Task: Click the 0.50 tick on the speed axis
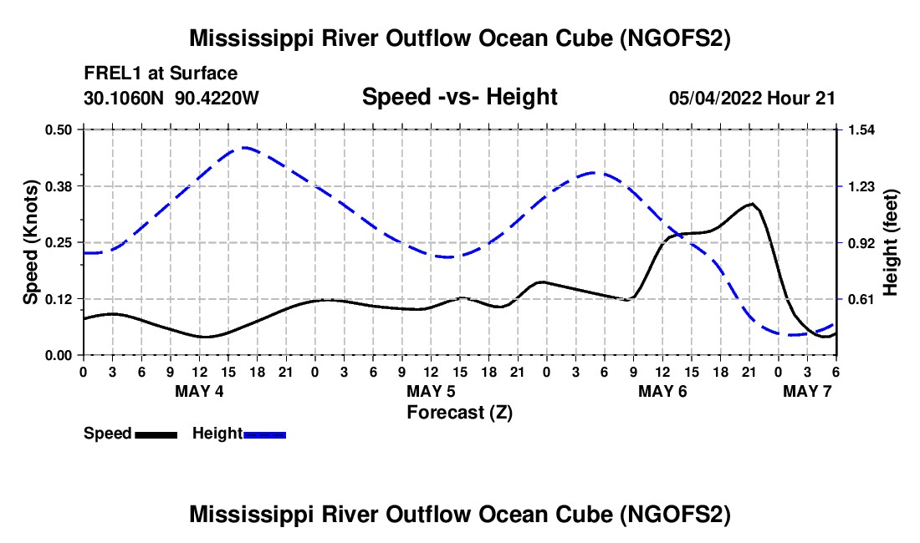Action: click(x=58, y=129)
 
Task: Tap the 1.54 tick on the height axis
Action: click(x=861, y=129)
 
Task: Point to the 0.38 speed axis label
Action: click(x=58, y=186)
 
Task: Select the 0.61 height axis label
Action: click(x=861, y=299)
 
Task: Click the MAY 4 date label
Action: click(x=199, y=391)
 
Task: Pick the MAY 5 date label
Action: click(x=431, y=391)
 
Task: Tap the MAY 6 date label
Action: click(x=662, y=391)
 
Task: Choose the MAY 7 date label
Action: click(x=807, y=391)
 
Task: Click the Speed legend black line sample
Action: click(x=156, y=434)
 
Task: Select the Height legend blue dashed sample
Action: click(x=264, y=434)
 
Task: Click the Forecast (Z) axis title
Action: click(x=460, y=413)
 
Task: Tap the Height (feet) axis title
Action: click(x=890, y=242)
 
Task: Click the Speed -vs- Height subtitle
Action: click(x=460, y=97)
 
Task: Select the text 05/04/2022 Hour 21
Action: click(x=752, y=98)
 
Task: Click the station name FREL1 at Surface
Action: click(x=161, y=74)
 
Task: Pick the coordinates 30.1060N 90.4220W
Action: click(x=171, y=98)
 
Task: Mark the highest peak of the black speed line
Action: click(x=751, y=204)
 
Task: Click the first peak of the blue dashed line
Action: click(x=244, y=148)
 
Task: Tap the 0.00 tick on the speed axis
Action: click(x=58, y=356)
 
